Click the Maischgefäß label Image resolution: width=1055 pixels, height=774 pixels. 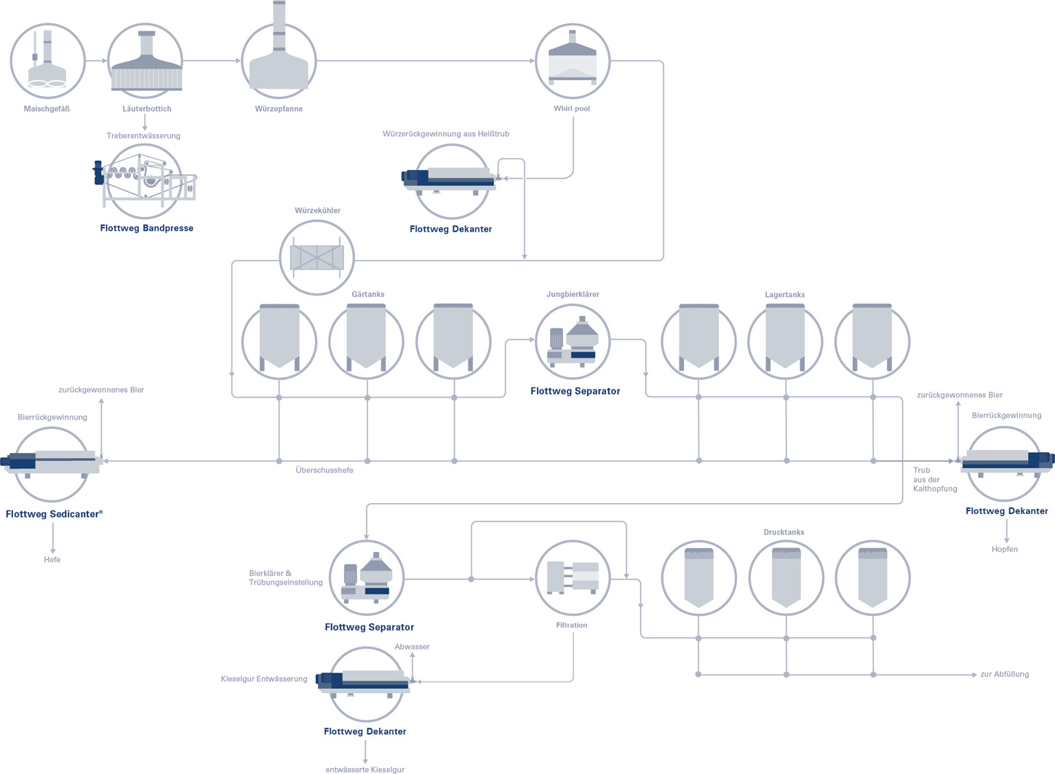point(47,109)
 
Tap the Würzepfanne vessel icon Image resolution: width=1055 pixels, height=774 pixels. point(279,52)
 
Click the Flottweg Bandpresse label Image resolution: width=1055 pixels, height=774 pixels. point(146,228)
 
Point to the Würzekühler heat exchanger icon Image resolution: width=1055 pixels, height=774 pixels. point(317,257)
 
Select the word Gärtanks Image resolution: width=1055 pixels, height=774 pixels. point(368,295)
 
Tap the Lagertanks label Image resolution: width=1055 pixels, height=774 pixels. point(784,295)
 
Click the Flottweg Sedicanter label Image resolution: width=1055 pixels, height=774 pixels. point(54,514)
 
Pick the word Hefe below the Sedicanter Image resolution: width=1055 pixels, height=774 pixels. point(52,559)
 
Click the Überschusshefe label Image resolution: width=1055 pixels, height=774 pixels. point(324,470)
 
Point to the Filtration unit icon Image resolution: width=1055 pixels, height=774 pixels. point(573,578)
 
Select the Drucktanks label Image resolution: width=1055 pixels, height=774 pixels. point(784,532)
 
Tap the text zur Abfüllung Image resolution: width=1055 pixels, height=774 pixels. point(1005,674)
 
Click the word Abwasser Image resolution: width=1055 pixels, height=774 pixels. point(412,647)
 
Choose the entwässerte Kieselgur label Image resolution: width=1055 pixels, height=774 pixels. point(365,770)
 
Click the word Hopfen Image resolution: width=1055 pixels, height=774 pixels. point(1005,550)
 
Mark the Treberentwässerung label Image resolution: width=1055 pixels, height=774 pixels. point(143,135)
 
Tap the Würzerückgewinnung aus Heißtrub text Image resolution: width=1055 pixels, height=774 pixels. point(445,134)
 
